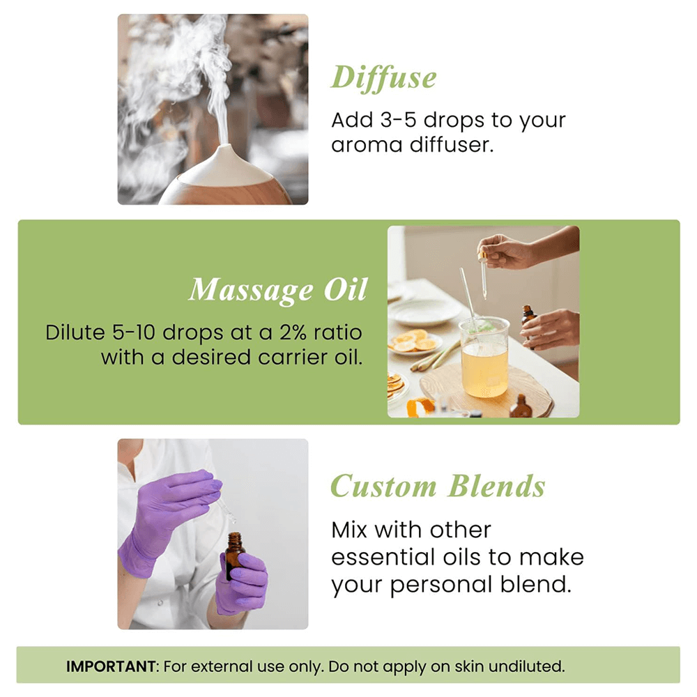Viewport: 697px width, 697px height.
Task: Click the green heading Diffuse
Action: [383, 78]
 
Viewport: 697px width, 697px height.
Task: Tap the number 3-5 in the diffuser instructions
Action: [399, 120]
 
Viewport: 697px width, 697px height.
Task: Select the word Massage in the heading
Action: [251, 290]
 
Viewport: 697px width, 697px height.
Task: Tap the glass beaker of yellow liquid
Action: [484, 358]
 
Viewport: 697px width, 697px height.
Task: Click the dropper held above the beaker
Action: [483, 275]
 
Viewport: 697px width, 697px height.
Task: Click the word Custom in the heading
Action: [383, 487]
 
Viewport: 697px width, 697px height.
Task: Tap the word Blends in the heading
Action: [496, 487]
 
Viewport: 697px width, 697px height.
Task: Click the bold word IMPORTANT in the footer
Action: [111, 666]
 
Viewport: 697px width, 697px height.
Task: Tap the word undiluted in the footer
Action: [527, 666]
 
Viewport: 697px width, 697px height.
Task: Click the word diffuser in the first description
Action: [452, 145]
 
